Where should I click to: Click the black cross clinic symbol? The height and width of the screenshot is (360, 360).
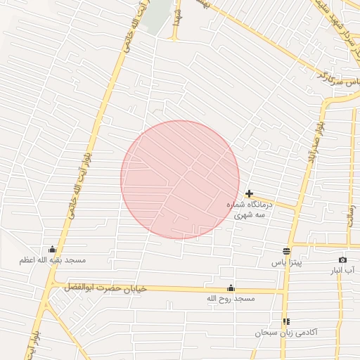coord(249,193)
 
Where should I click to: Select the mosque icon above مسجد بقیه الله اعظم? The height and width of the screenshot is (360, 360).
coord(52,249)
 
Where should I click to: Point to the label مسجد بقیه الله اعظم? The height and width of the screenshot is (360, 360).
coord(52,260)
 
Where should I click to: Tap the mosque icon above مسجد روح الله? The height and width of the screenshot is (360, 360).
coord(231,288)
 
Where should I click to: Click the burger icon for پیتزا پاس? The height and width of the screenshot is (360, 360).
coord(286,251)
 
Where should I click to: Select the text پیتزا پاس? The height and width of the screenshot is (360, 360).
coord(286,262)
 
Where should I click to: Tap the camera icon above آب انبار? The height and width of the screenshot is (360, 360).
coord(342,259)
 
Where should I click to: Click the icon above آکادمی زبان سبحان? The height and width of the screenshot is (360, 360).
coord(286,321)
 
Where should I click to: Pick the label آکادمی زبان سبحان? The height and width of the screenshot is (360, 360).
coord(286,332)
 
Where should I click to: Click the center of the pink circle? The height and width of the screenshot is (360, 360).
coord(180,179)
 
